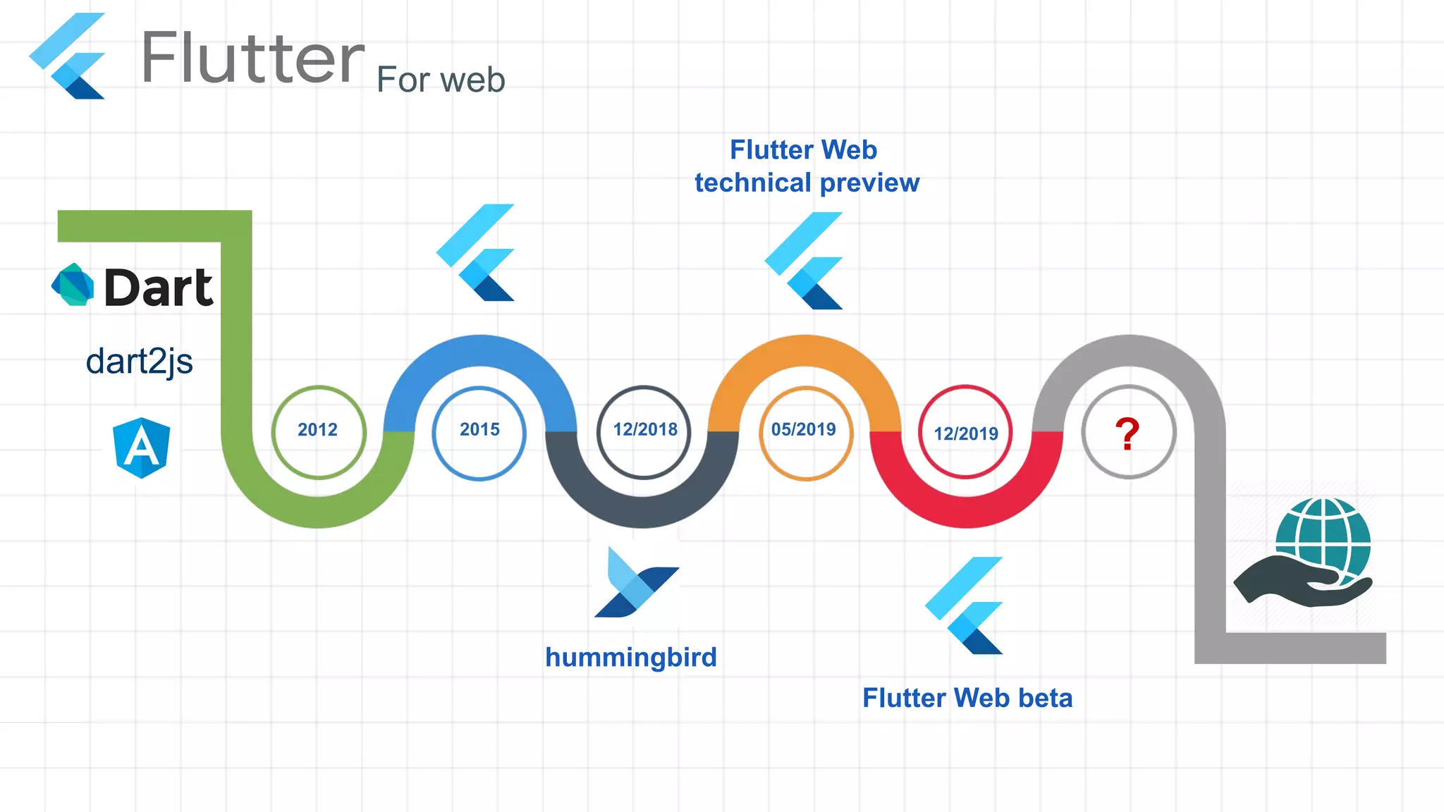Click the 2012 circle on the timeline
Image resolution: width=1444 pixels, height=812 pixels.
click(318, 431)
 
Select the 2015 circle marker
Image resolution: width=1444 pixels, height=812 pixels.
click(479, 432)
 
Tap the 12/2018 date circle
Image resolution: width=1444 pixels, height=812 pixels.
click(644, 431)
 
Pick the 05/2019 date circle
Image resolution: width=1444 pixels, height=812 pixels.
click(805, 432)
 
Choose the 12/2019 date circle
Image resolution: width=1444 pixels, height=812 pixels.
click(965, 432)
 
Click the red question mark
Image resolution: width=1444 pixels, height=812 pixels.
click(1127, 433)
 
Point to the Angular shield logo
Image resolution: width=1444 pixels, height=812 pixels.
click(142, 448)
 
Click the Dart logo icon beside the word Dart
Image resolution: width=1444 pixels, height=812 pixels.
click(73, 285)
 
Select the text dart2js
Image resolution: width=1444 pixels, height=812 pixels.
click(139, 362)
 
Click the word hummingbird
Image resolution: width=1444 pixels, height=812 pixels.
click(631, 658)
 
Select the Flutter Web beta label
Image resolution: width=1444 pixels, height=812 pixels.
click(967, 699)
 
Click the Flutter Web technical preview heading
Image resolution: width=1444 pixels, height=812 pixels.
click(807, 166)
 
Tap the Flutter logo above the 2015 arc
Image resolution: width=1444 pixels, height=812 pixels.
click(477, 252)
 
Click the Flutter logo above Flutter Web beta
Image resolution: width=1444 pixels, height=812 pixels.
click(965, 605)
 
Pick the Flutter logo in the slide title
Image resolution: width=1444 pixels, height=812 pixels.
click(68, 56)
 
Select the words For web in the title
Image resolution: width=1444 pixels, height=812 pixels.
click(441, 80)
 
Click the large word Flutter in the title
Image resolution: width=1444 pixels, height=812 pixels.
click(252, 58)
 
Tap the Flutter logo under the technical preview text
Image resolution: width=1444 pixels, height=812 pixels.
click(804, 261)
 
